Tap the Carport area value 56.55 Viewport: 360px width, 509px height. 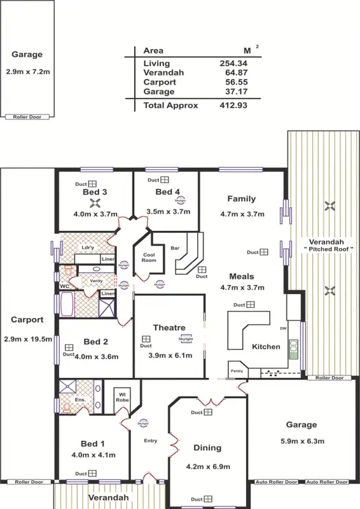[x=233, y=82]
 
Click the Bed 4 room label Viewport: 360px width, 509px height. [x=168, y=192]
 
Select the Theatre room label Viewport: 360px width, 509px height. [x=169, y=328]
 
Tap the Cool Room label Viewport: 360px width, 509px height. [x=149, y=257]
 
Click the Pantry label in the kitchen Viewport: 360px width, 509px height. [x=236, y=370]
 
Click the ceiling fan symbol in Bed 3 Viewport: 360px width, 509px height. [x=95, y=204]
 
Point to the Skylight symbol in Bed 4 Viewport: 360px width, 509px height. [x=180, y=199]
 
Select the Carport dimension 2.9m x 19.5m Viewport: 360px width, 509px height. [x=27, y=339]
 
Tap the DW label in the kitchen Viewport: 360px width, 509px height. [x=283, y=328]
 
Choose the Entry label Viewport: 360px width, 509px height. [x=150, y=440]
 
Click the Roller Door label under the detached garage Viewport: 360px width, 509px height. [x=27, y=117]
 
